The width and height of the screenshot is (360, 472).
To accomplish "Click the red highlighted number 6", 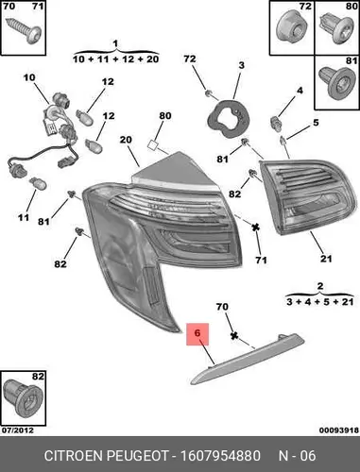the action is click(x=197, y=332).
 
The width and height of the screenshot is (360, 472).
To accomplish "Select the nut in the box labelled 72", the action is click(x=291, y=27).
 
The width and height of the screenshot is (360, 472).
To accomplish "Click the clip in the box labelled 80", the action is click(x=336, y=29).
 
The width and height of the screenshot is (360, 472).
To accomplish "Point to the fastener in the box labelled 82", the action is click(x=22, y=399).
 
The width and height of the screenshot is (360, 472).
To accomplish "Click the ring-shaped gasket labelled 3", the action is click(x=229, y=119).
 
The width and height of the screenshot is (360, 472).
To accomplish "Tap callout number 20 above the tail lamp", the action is click(x=126, y=140).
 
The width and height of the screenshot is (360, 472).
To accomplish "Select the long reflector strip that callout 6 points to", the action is click(x=248, y=359).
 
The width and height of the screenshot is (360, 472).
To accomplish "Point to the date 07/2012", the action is click(x=18, y=430).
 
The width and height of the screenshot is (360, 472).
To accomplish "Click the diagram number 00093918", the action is click(x=339, y=430).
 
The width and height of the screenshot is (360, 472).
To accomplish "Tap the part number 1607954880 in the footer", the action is click(x=220, y=456).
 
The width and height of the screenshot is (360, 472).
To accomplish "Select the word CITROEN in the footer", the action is click(x=74, y=456).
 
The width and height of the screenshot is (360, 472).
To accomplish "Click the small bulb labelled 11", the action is click(x=38, y=184).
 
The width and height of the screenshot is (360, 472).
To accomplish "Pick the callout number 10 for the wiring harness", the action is click(x=29, y=77).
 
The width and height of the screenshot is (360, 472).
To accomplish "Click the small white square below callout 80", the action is click(x=153, y=144).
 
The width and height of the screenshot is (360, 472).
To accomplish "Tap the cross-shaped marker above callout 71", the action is click(x=255, y=227).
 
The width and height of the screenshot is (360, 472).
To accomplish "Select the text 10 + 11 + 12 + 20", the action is click(x=115, y=59).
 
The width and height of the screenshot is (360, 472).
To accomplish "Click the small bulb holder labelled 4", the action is click(x=275, y=122).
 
